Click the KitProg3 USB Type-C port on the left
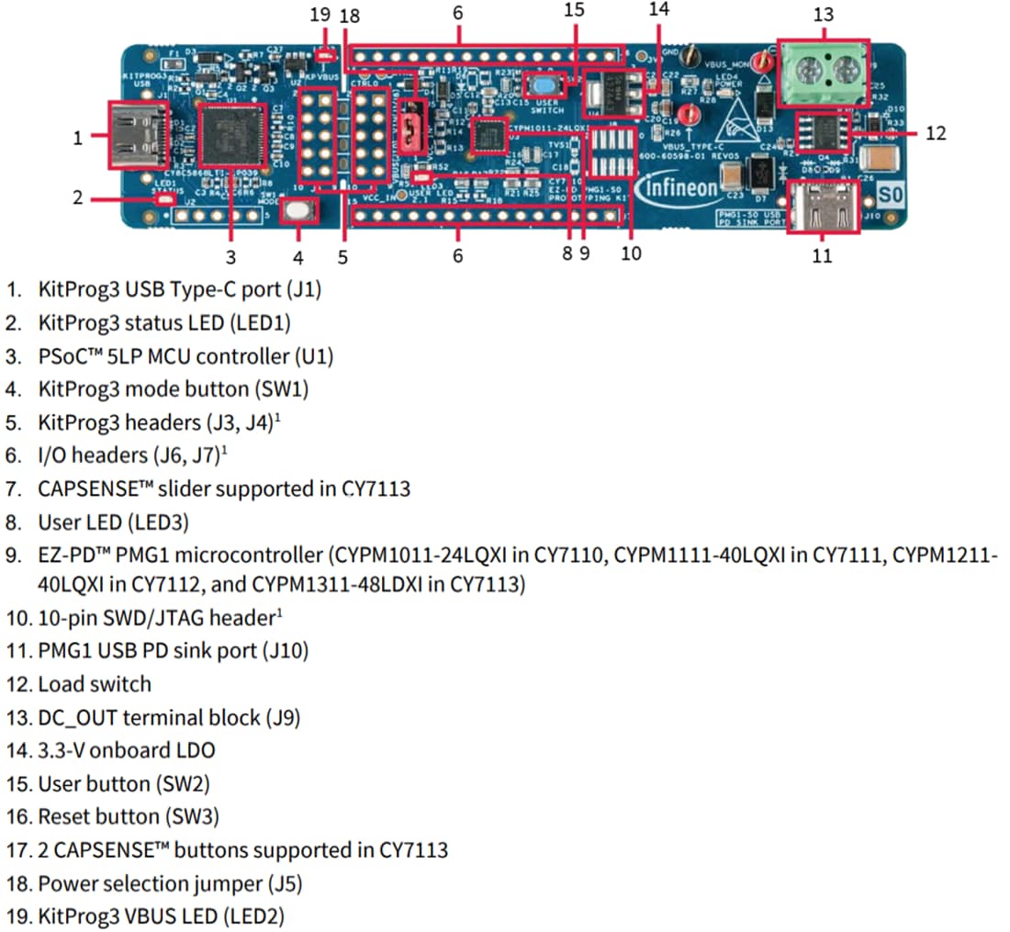pyautogui.click(x=139, y=134)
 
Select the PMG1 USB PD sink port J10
pyautogui.click(x=823, y=208)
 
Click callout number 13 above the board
pyautogui.click(x=823, y=14)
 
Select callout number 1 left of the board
pyautogui.click(x=78, y=139)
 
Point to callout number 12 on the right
pyautogui.click(x=935, y=133)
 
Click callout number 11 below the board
pyautogui.click(x=822, y=255)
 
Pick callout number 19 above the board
pyautogui.click(x=319, y=15)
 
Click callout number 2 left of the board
pyautogui.click(x=78, y=197)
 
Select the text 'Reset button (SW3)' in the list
pyautogui.click(x=129, y=816)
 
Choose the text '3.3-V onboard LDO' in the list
pyautogui.click(x=127, y=750)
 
